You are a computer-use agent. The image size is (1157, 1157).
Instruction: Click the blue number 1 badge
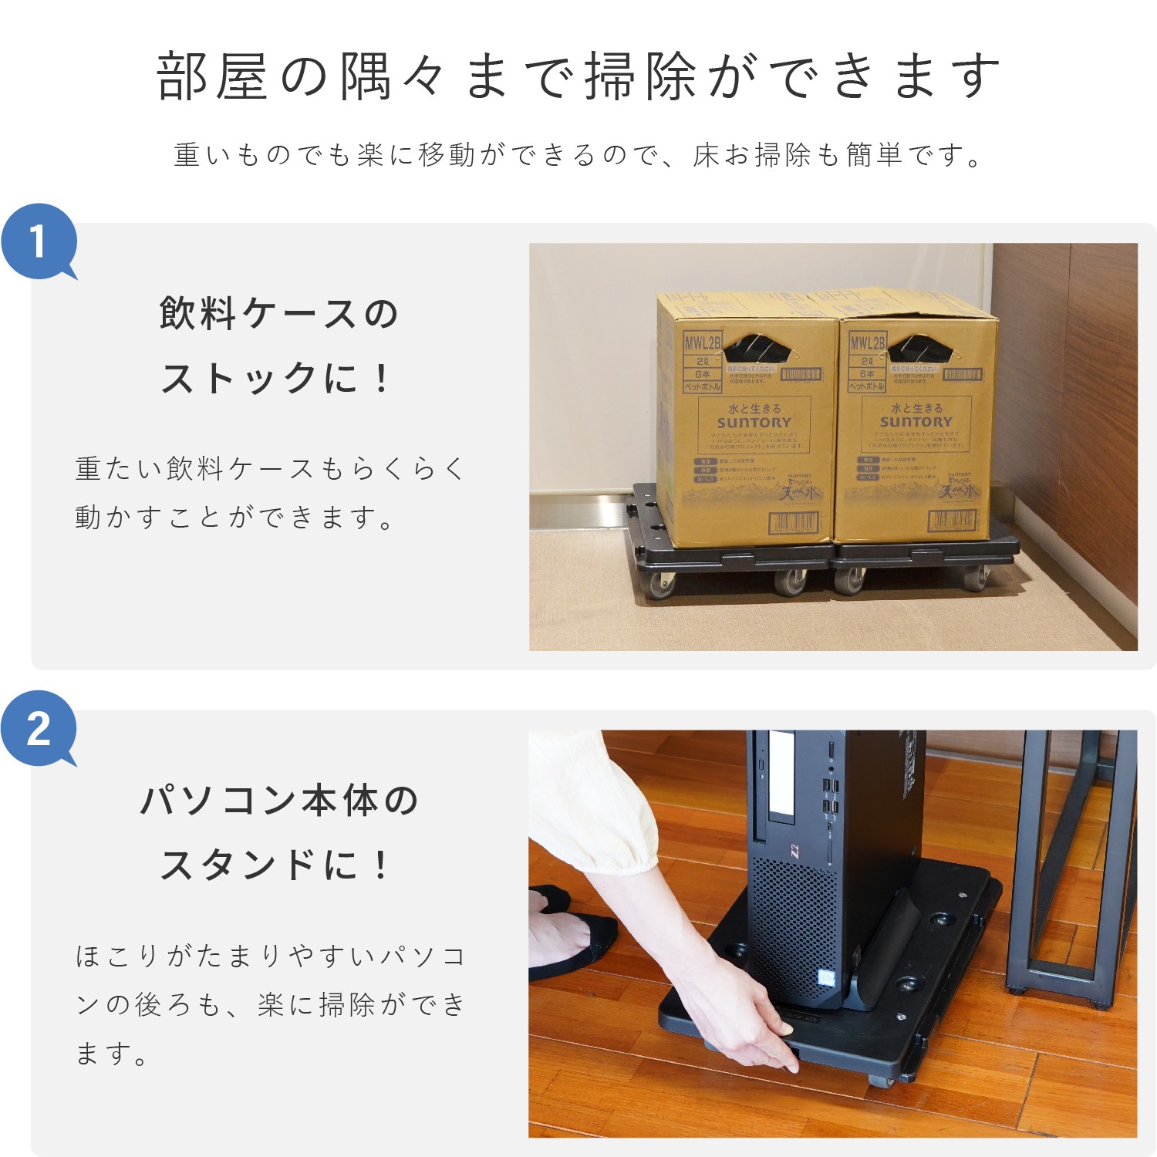pos(39,241)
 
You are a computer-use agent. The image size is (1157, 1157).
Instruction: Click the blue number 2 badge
pos(39,728)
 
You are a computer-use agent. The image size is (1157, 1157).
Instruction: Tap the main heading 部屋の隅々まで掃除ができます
pos(578,76)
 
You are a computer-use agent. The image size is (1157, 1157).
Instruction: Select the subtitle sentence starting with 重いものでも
pos(578,155)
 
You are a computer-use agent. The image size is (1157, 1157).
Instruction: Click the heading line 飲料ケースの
pos(278,314)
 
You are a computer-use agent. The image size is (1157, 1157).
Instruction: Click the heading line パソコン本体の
pos(278,800)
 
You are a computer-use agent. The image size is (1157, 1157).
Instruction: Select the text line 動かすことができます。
pos(235,517)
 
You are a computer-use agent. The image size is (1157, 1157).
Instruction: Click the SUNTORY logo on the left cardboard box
pos(754,423)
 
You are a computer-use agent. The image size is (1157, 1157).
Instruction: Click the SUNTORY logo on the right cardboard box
pos(916,422)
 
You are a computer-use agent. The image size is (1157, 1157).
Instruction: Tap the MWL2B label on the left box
pos(702,342)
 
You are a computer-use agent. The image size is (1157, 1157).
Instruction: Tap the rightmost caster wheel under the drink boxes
pos(978,577)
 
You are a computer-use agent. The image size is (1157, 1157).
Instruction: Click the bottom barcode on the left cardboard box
pos(793,523)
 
